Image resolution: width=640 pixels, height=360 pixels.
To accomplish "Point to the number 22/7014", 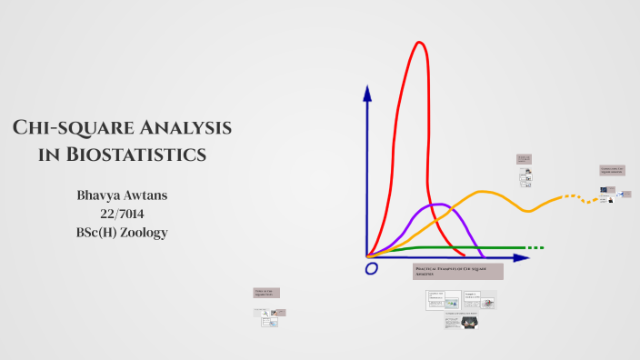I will [122, 214].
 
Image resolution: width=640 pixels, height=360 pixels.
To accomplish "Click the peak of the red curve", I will [419, 43].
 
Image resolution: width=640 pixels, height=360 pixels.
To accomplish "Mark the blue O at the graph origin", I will [371, 269].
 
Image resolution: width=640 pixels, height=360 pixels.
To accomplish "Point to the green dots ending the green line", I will [535, 247].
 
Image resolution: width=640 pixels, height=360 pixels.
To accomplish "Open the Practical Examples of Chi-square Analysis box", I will [457, 272].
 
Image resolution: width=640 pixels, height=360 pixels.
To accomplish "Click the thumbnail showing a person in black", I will [470, 322].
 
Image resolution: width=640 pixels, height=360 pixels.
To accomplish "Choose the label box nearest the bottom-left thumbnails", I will [265, 293].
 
